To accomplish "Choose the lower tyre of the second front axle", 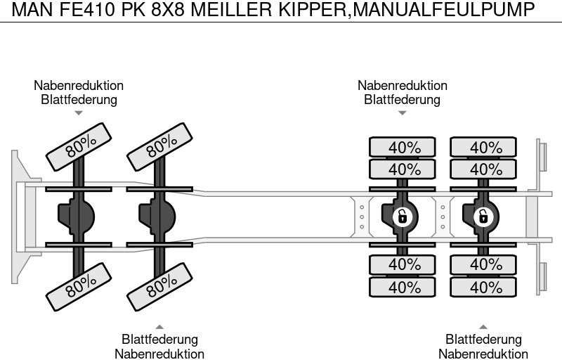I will point(161,283).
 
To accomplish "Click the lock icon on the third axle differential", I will point(403,216).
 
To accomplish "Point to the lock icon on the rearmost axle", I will point(483,216).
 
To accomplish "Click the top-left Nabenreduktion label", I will point(79,85).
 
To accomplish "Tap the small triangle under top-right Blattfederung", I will point(403,112).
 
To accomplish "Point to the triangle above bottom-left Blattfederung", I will point(159,326).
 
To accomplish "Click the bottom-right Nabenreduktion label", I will point(483,354).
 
